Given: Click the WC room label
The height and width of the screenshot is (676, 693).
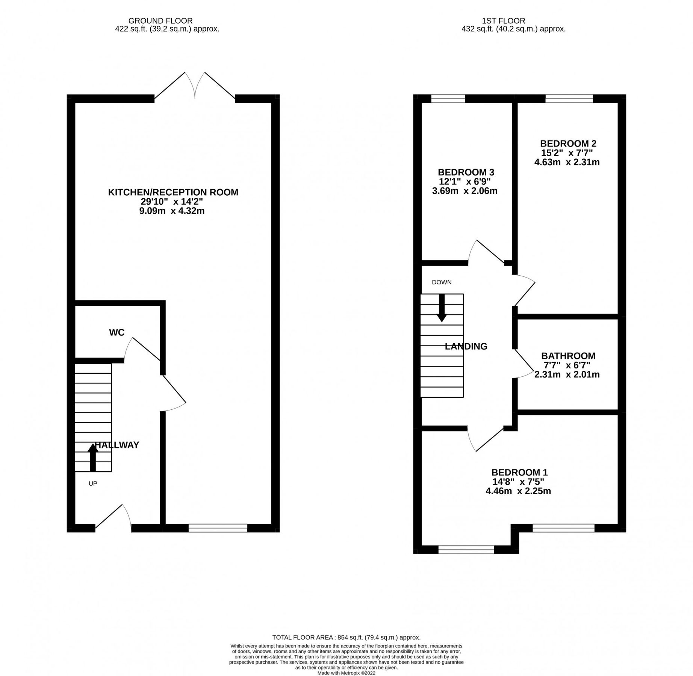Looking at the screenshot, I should (x=117, y=332).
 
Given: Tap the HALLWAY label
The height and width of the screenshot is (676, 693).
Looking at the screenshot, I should (x=117, y=445).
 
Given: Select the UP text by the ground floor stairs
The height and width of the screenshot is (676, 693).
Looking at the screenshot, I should (x=93, y=484).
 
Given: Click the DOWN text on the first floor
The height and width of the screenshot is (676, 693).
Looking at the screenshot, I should (x=442, y=282).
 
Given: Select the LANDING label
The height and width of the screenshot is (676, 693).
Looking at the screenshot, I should (x=466, y=346).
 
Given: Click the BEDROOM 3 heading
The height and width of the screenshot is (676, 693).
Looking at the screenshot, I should (x=466, y=172).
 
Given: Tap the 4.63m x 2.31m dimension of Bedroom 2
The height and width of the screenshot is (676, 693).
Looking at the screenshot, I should (x=567, y=162).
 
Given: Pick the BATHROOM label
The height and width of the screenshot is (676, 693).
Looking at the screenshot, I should (x=568, y=356).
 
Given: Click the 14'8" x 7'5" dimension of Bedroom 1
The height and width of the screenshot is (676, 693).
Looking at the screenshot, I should (x=518, y=481).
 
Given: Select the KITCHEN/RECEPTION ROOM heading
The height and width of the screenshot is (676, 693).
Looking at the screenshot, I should (x=173, y=192).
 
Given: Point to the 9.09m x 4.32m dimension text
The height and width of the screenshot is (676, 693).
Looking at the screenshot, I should (x=172, y=211).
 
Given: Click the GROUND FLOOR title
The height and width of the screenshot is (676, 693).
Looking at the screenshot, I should (x=160, y=21).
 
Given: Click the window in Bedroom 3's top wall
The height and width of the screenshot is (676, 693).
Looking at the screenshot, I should (x=448, y=99).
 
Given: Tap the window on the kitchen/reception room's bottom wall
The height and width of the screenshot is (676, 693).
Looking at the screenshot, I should (x=218, y=528).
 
